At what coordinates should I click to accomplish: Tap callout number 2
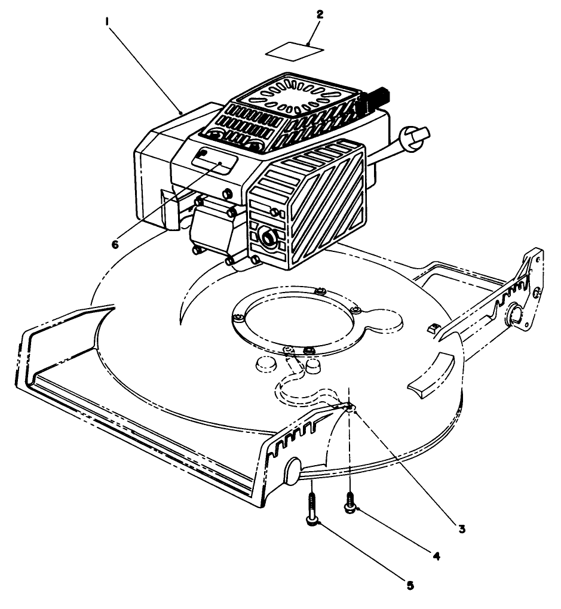point(320,15)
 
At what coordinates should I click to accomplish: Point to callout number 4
point(436,556)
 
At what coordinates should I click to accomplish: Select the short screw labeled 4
point(348,500)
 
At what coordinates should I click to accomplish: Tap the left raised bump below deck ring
point(265,364)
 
